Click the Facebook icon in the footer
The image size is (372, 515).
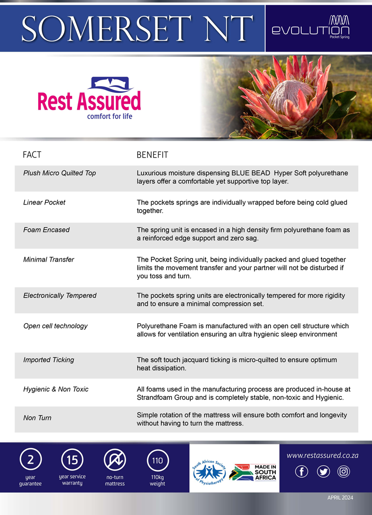[302, 472]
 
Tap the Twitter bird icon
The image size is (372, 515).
[323, 472]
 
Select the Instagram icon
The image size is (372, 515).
[343, 472]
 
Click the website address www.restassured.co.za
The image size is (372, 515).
[322, 456]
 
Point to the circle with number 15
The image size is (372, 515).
[72, 460]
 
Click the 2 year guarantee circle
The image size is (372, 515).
[30, 460]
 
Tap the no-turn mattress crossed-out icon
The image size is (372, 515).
[115, 460]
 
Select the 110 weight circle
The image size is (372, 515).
[157, 461]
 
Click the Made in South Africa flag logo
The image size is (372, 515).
[254, 472]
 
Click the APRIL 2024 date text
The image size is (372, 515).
[340, 498]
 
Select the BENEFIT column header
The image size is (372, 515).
[152, 155]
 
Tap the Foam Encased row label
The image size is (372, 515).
[46, 230]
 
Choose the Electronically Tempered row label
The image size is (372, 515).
[60, 295]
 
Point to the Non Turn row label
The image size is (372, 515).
[37, 418]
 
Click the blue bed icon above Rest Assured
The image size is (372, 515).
[112, 85]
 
